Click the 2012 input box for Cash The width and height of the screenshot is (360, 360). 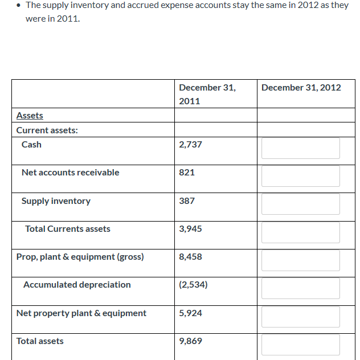[300, 148]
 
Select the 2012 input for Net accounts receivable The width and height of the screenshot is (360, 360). [300, 176]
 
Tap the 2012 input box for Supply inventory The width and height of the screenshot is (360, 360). [300, 204]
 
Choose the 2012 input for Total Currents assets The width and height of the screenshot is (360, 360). [300, 232]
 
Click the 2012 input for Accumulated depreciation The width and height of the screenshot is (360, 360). [300, 288]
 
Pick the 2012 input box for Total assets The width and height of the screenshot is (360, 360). [300, 345]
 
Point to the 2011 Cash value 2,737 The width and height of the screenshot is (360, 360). [190, 145]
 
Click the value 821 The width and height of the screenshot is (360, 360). [187, 173]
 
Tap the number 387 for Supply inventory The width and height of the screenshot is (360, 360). [187, 201]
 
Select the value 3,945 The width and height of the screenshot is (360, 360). [190, 229]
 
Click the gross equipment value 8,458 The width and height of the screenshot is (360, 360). [190, 257]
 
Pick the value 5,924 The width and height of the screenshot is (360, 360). [190, 313]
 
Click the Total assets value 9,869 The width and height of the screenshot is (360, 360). [190, 341]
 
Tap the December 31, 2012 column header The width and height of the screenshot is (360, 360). [301, 88]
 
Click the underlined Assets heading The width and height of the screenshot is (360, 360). [30, 116]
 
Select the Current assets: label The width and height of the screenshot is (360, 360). [47, 130]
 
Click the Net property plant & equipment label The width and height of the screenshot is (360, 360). [81, 313]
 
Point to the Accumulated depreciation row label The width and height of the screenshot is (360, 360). [77, 285]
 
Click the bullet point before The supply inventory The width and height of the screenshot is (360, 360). [19, 6]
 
